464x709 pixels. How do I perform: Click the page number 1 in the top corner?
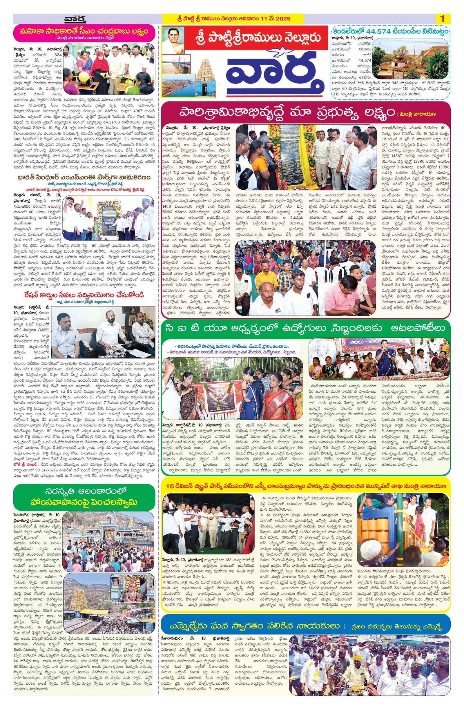(442, 19)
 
